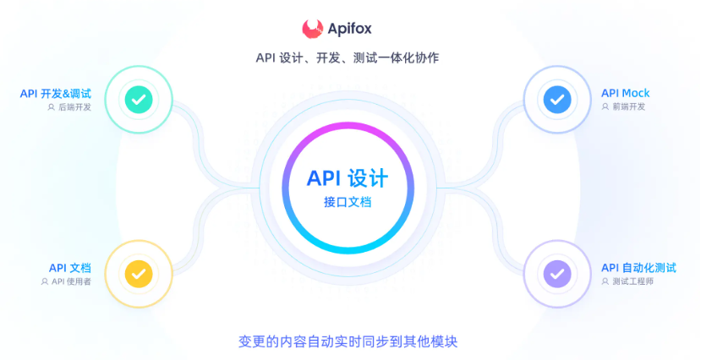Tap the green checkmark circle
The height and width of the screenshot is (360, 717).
click(x=139, y=100)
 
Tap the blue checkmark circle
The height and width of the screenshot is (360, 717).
click(x=556, y=100)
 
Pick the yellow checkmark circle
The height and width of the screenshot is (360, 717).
click(x=139, y=273)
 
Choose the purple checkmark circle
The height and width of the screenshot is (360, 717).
click(x=556, y=273)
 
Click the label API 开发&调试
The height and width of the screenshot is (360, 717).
click(x=56, y=93)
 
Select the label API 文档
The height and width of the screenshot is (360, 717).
click(x=69, y=267)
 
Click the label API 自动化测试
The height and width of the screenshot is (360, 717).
click(x=638, y=267)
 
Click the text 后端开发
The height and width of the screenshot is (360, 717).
click(x=74, y=107)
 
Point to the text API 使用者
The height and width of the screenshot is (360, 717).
click(x=71, y=281)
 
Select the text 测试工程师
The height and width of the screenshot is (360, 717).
click(x=632, y=281)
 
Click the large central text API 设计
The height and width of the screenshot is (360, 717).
click(x=348, y=178)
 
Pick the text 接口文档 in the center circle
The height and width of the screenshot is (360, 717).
click(x=348, y=203)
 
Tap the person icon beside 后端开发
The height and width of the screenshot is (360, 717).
click(x=52, y=107)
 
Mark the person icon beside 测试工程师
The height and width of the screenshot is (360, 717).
click(x=605, y=281)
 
